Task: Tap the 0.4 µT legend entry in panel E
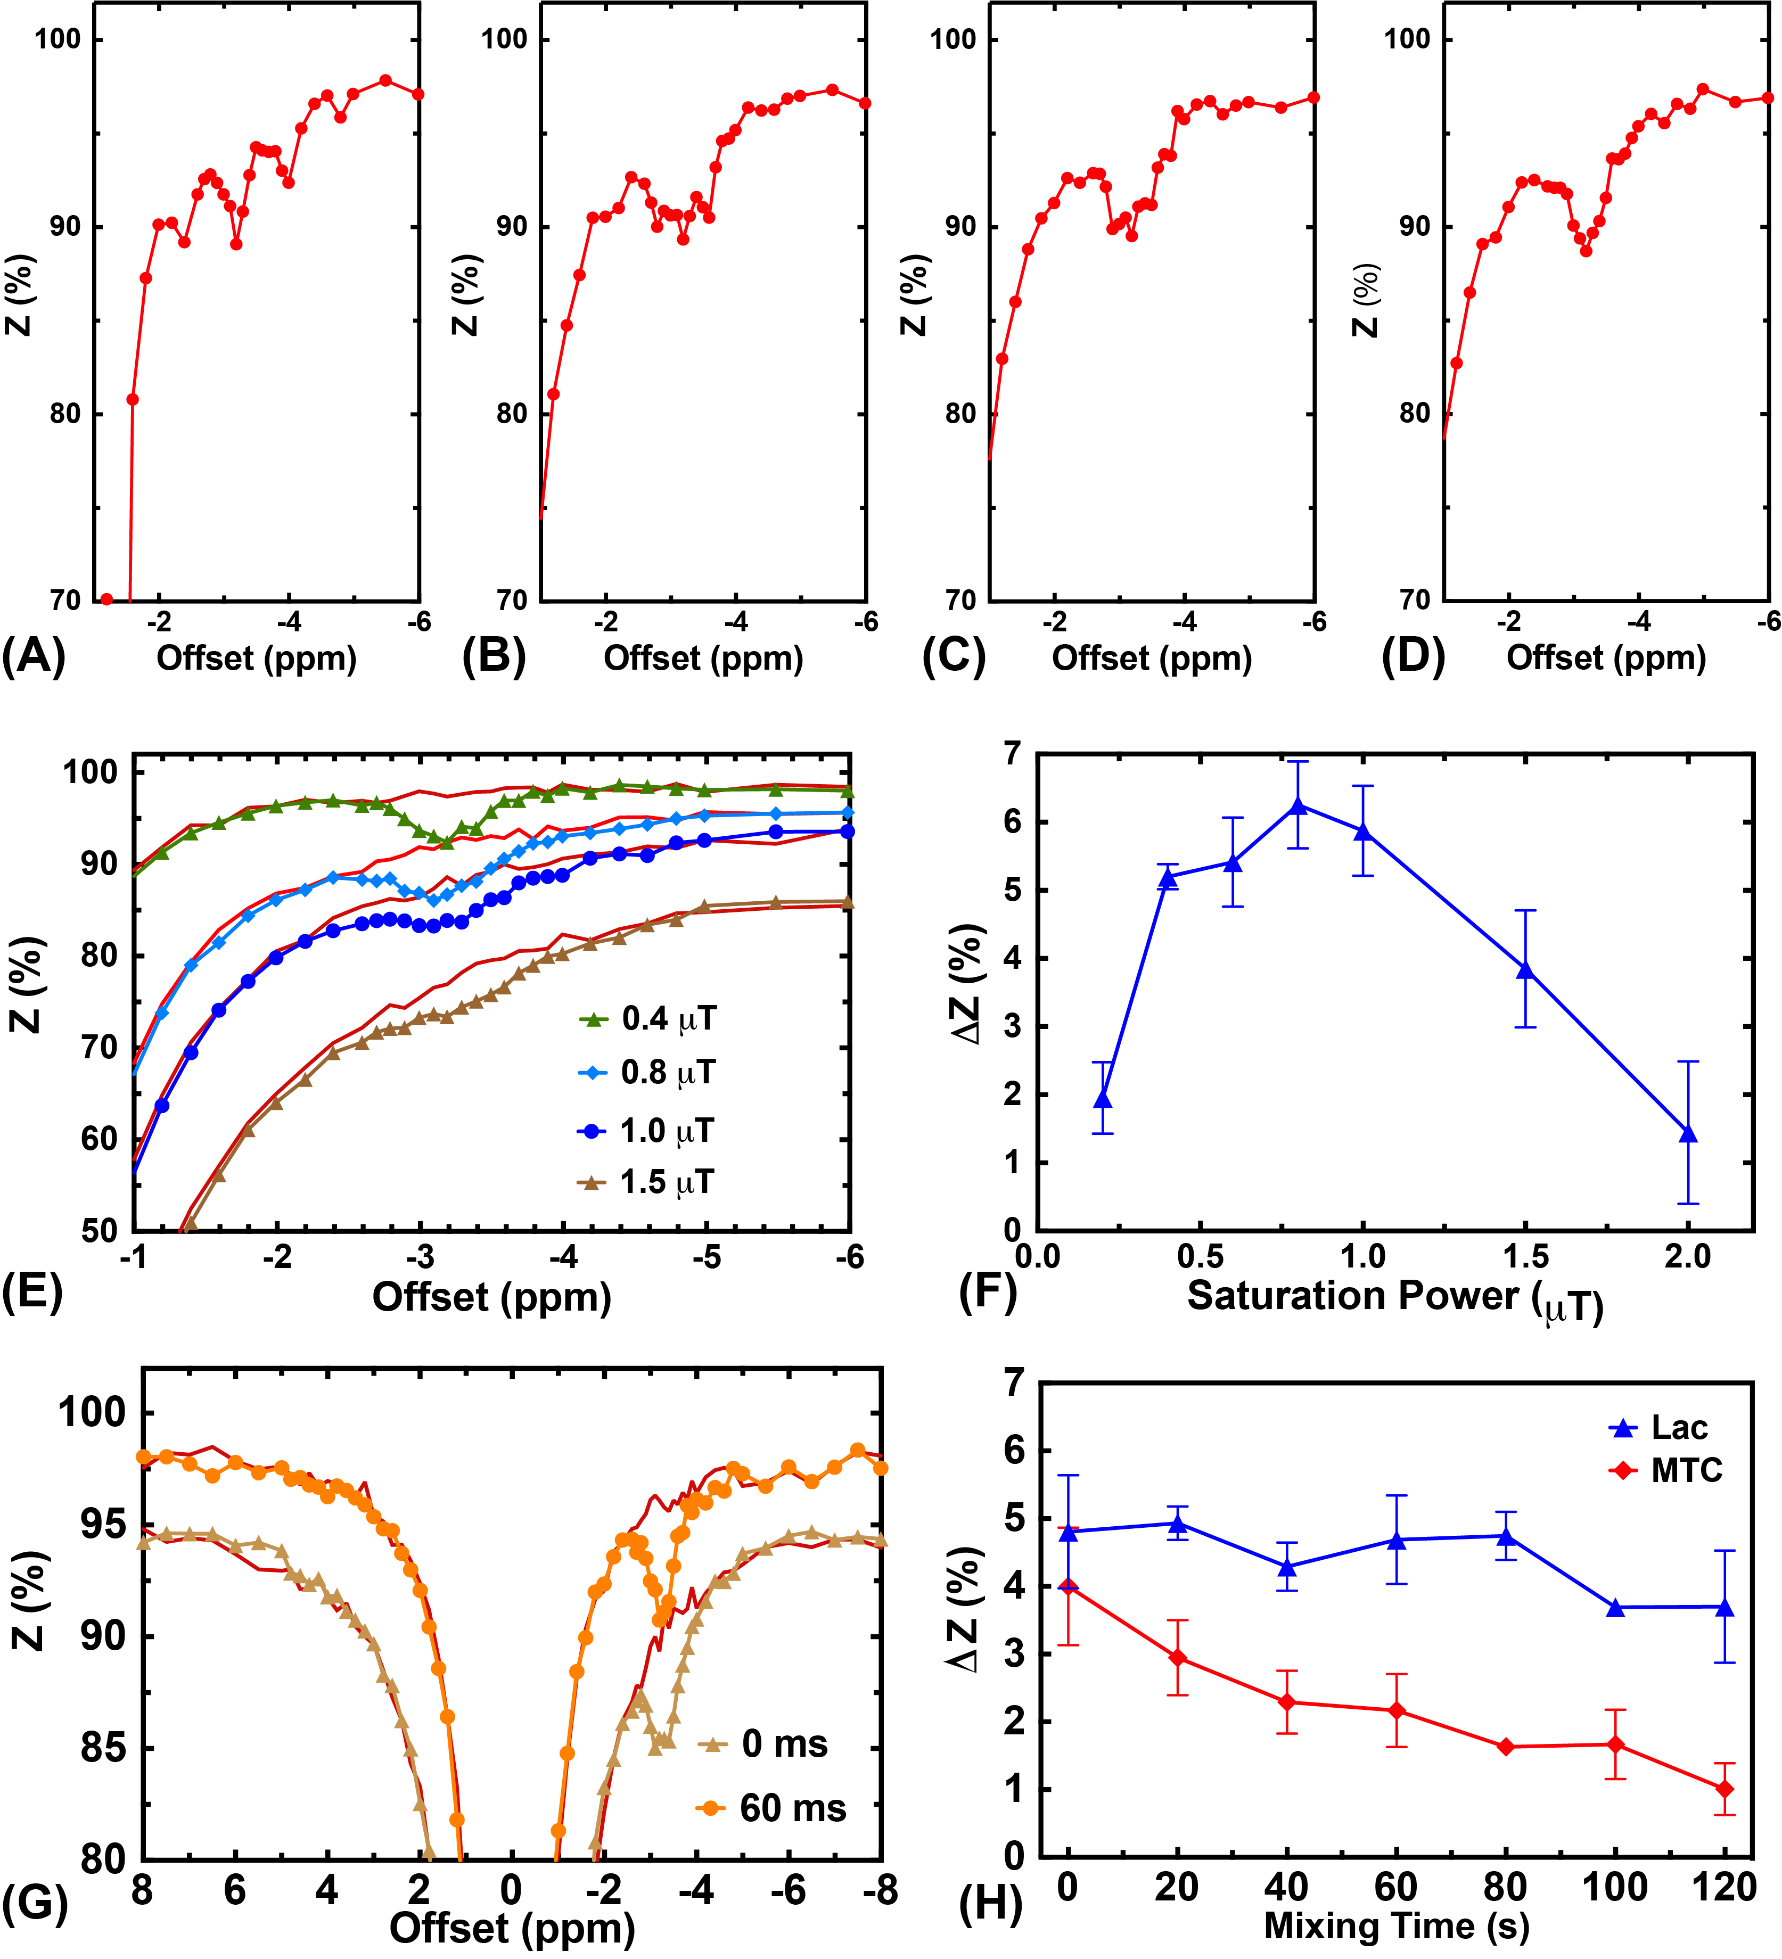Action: (647, 1019)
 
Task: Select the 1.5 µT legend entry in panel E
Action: (647, 1183)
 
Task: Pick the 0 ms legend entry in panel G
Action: (763, 1744)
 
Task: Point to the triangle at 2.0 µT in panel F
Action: (1689, 1134)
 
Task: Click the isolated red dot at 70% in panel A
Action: (107, 599)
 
